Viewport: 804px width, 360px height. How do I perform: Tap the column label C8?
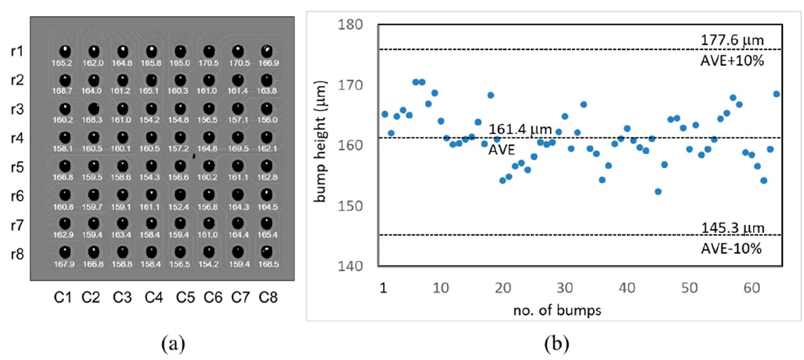tap(268, 297)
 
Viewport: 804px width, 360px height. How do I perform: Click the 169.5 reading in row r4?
tap(238, 148)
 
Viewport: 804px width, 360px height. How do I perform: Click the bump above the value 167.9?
tap(65, 252)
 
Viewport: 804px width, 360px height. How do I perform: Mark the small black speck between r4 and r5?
tap(194, 156)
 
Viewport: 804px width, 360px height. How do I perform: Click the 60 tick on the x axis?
tap(751, 288)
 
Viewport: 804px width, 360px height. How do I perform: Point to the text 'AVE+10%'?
tap(732, 61)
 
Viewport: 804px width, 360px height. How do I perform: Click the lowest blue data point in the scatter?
tap(658, 191)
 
